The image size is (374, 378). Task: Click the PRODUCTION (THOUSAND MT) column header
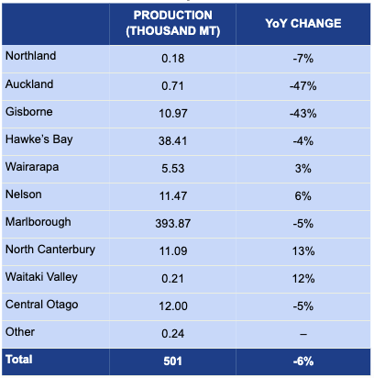click(x=173, y=23)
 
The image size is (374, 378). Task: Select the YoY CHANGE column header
click(x=303, y=24)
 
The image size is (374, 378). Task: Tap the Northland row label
click(x=31, y=56)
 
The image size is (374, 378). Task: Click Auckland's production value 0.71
click(x=173, y=86)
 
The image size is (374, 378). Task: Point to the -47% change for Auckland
click(x=303, y=86)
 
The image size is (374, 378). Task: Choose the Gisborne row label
click(x=29, y=112)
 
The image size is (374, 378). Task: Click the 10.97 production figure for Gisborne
click(x=173, y=114)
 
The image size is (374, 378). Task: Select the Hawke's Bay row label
click(x=39, y=139)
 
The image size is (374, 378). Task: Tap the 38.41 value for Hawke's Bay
click(x=173, y=141)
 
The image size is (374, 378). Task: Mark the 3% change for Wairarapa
click(x=303, y=169)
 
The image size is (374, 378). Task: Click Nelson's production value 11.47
click(x=173, y=196)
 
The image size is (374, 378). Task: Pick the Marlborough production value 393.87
click(x=173, y=224)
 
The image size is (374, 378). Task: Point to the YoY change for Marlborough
click(x=303, y=224)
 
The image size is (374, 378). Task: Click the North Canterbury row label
click(x=50, y=250)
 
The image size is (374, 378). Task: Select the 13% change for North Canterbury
click(x=303, y=251)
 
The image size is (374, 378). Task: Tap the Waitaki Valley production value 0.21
click(x=173, y=279)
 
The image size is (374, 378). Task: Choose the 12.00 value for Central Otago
click(x=173, y=306)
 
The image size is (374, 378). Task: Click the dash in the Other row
click(x=303, y=334)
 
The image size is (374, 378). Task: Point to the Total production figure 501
click(x=173, y=361)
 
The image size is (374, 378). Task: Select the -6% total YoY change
click(x=303, y=361)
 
